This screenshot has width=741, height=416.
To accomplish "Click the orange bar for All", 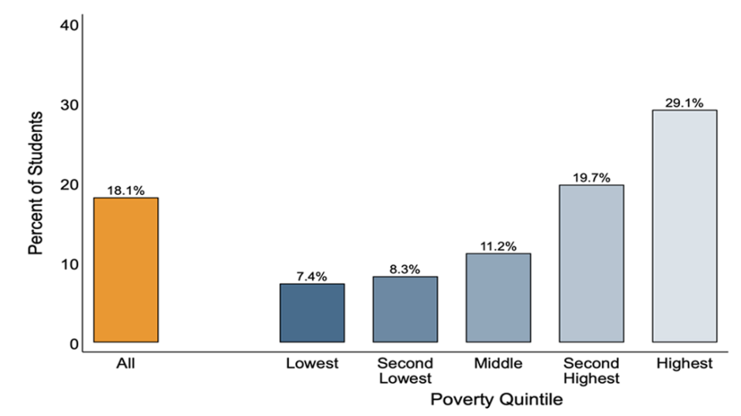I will pos(126,270).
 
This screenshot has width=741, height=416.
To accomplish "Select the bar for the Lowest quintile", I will pos(312,313).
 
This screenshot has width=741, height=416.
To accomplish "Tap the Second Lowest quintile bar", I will pos(405,309).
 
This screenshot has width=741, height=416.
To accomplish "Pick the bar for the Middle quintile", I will pos(498,298).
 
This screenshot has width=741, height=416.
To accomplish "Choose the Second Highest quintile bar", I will pos(591,264).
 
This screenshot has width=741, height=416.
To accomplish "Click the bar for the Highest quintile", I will pos(684,226).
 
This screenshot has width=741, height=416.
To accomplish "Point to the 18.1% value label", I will pos(126,190).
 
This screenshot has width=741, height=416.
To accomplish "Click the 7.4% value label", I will pos(312,276).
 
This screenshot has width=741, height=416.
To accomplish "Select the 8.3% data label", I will pos(405,269).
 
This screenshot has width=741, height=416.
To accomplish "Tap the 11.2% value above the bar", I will pos(498,246).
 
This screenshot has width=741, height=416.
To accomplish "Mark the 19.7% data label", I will pos(591,178).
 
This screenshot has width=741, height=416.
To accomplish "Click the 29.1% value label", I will pos(684,103).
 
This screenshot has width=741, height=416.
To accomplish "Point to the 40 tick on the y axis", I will pos(69,25).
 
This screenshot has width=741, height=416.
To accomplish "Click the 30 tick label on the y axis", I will pos(69,105).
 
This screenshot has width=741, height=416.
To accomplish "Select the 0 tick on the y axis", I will pos(73,344).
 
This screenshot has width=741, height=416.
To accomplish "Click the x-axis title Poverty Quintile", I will pos(496,400).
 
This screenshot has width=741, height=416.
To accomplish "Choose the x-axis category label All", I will pos(126,364).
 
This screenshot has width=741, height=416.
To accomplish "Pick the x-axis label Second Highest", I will pos(591,370).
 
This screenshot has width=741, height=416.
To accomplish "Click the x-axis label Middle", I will pos(498,364).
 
